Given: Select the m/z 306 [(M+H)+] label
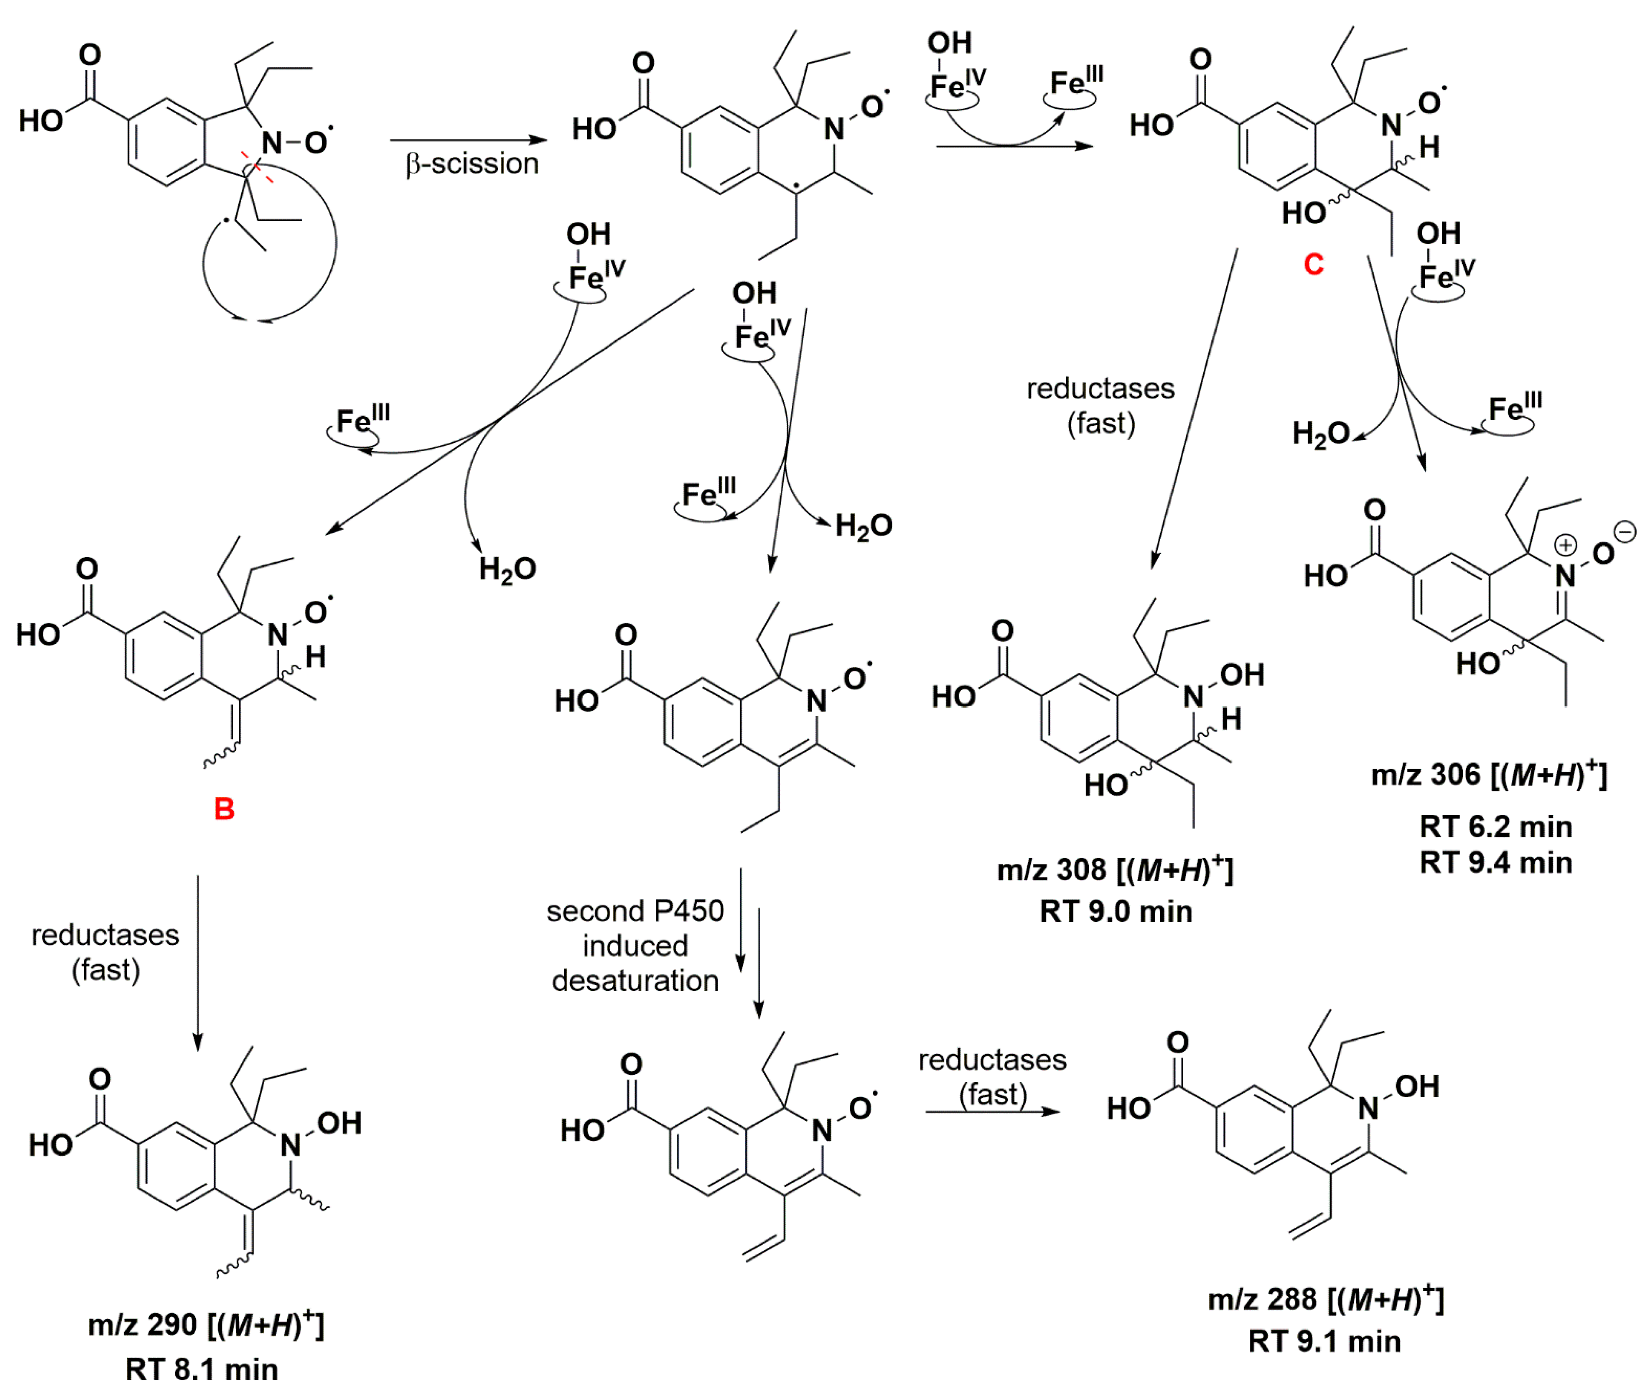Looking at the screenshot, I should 1488,775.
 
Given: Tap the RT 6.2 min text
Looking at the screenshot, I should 1495,827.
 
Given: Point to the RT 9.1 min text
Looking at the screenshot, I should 1324,1342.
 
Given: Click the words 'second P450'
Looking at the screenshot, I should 635,911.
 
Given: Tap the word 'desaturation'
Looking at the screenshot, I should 635,981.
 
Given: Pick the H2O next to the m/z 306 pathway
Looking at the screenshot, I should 1320,434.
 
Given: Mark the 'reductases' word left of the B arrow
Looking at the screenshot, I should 105,935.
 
